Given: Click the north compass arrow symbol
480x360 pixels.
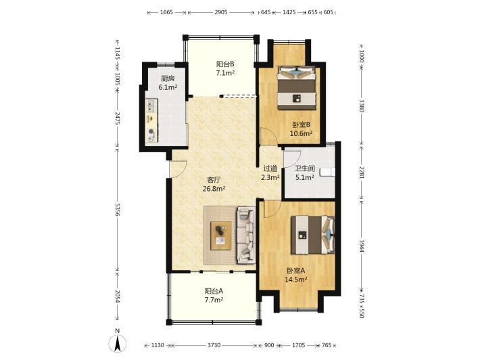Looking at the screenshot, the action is [x=117, y=343].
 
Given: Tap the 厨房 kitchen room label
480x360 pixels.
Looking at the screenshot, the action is [x=168, y=78].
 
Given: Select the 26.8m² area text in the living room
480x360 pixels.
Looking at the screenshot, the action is [x=214, y=189].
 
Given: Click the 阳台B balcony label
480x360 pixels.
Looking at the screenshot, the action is [x=225, y=64].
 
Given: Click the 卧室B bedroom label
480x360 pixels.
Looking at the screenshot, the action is [x=302, y=125].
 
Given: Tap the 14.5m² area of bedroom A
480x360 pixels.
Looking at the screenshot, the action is [x=296, y=279].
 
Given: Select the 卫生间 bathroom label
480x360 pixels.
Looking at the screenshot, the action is [x=305, y=168].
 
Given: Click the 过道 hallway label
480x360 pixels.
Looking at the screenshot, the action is [x=270, y=168].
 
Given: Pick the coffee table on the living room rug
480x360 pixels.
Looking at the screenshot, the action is [x=220, y=235].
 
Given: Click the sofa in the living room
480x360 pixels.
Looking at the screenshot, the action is [x=246, y=235].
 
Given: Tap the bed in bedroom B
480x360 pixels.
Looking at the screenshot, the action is [x=296, y=87].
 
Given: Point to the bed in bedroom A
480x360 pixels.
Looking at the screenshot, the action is [x=312, y=235].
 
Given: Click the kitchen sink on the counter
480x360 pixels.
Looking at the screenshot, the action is [x=151, y=106].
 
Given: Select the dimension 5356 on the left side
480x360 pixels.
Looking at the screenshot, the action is [x=117, y=209].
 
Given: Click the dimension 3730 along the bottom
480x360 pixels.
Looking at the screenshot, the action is [x=214, y=345].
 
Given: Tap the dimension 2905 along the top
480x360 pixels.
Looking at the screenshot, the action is [x=220, y=12].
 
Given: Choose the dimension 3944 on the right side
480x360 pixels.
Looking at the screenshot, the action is [x=361, y=246].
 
